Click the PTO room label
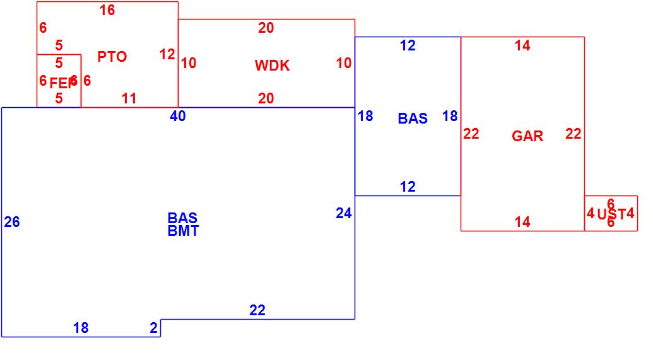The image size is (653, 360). coord(112,57)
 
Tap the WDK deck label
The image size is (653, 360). coord(272,66)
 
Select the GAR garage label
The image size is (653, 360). coord(527,136)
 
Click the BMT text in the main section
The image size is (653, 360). coord(183,231)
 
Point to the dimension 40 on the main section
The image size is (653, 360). coord(178,116)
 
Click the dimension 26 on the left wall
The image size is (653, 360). coord(12,222)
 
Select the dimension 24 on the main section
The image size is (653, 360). coord(343,214)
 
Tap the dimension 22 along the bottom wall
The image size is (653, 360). coord(257,310)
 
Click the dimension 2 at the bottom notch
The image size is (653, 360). coord(153,328)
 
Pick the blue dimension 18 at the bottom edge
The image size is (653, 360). coord(81,328)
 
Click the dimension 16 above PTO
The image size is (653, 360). coord(107,10)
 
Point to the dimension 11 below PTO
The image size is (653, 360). coord(129,98)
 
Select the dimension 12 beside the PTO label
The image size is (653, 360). coord(167,55)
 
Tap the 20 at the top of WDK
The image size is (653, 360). coord(266,28)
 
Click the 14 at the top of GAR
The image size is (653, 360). coord(522,45)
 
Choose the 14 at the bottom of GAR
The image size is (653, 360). coord(522,222)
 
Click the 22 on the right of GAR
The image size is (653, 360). coord(573,134)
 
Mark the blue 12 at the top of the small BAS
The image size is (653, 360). coord(408,45)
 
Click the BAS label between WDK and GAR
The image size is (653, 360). coord(413,119)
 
